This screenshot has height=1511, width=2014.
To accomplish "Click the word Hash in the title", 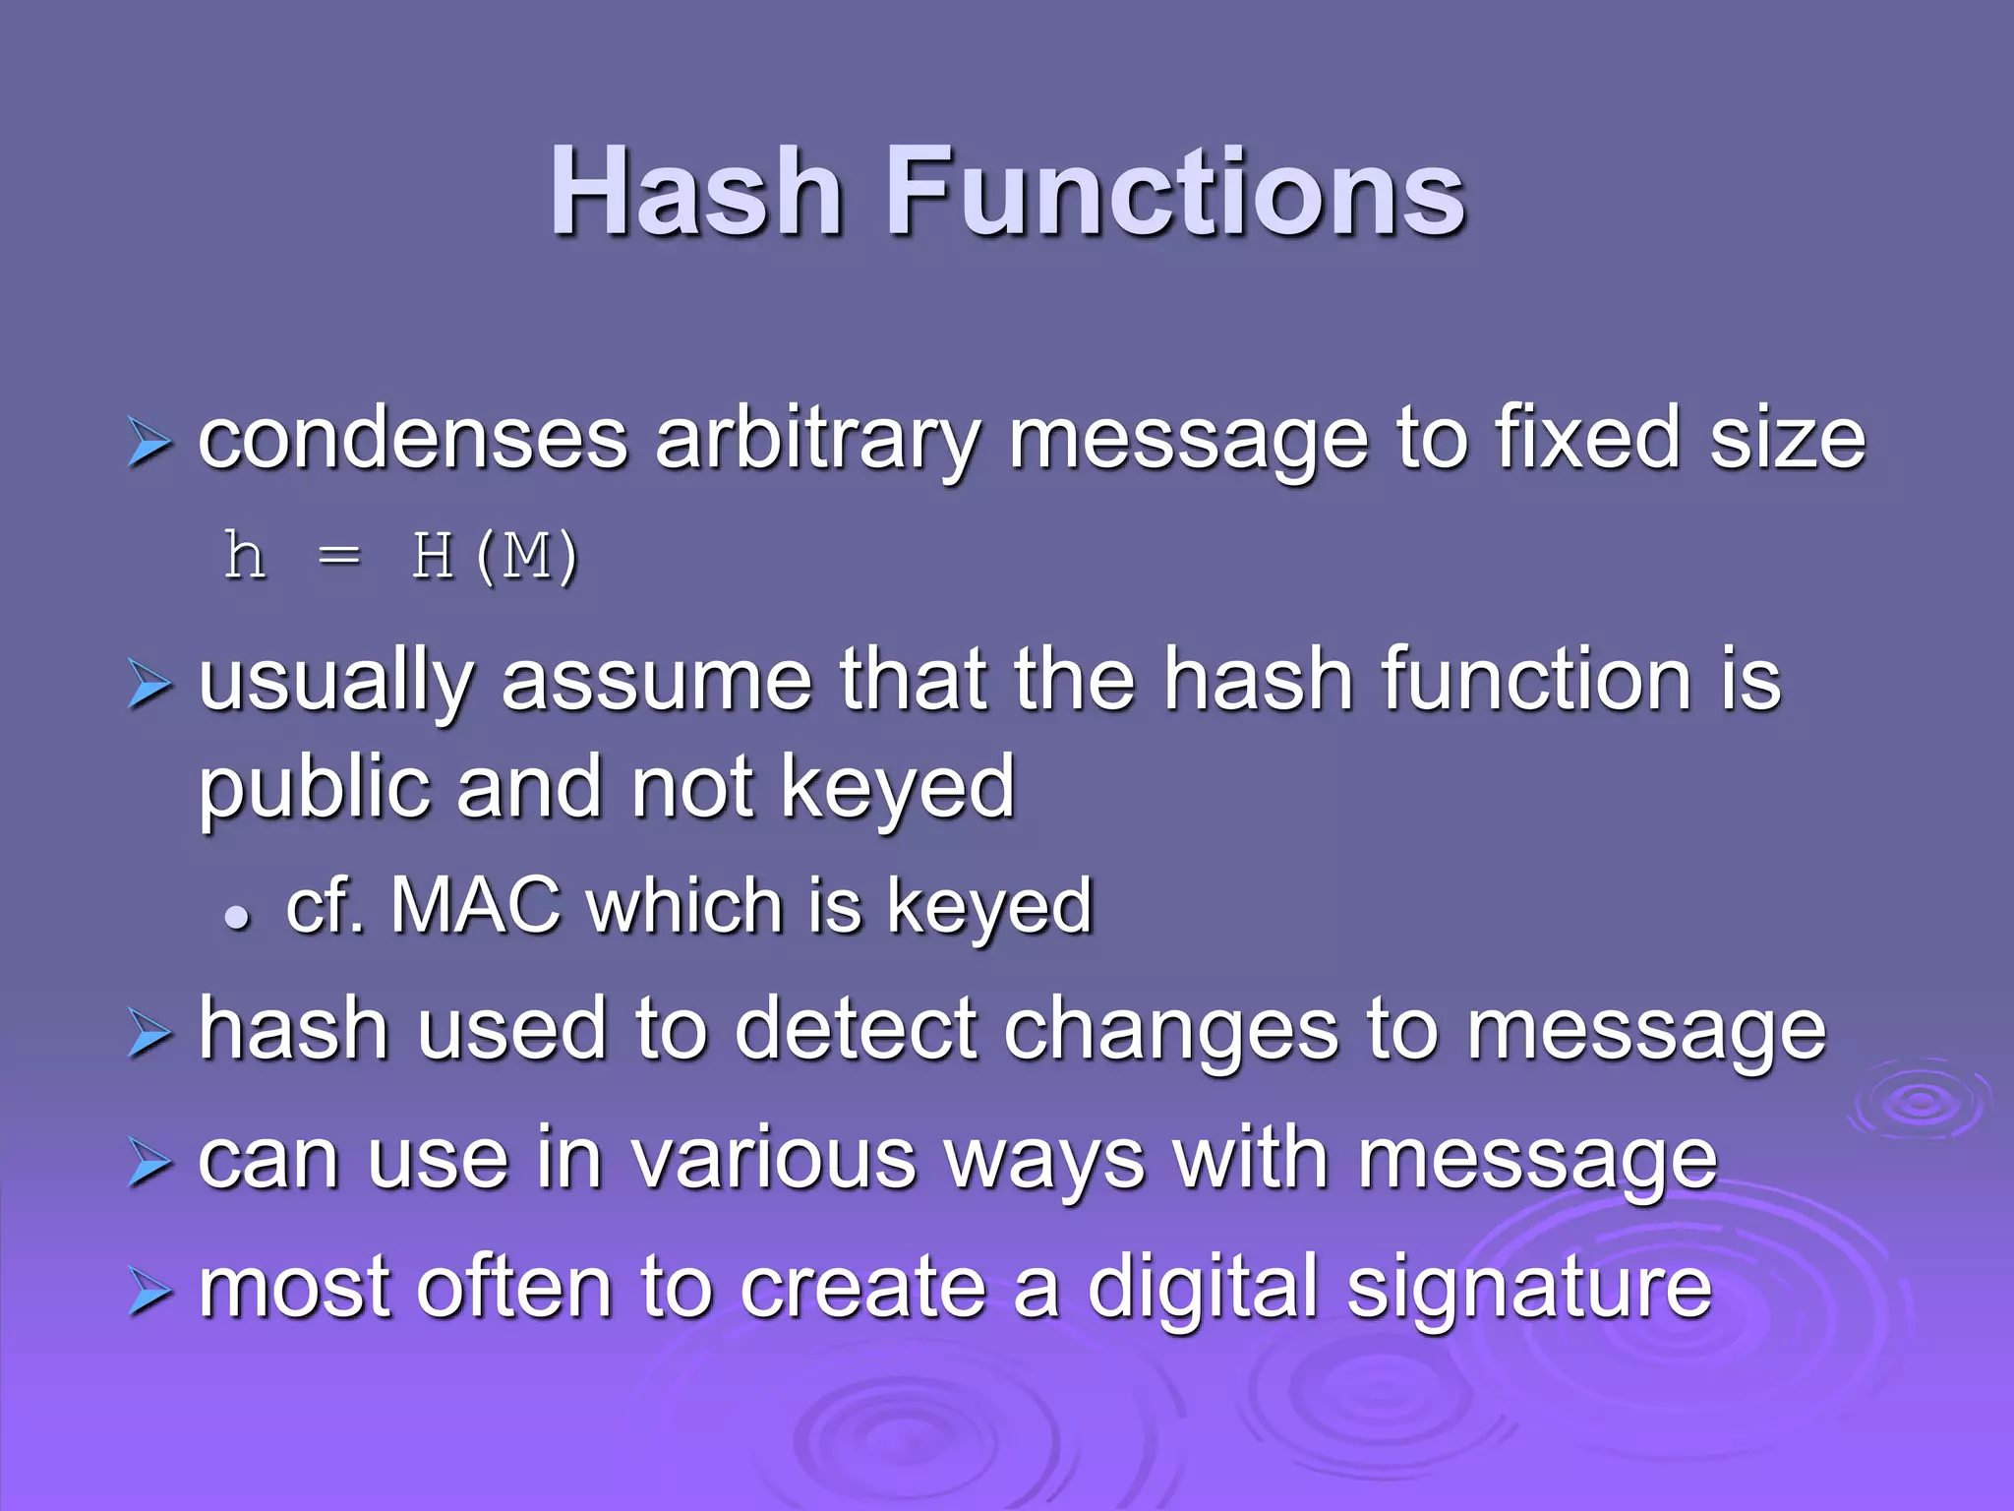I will pos(695,192).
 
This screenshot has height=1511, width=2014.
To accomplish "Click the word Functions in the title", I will pos(1176,192).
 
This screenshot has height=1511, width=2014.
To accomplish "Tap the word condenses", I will pos(412,440).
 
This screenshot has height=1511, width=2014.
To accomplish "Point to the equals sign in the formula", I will pos(339,557).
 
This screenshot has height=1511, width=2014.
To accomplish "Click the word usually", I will pos(336,682).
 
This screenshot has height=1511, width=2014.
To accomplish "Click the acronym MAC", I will pos(475,905).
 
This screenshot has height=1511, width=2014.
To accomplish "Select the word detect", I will pos(856,1030).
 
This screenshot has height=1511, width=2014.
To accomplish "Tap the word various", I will pos(773,1160).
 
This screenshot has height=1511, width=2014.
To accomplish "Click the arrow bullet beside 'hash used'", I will pos(149,1035).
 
